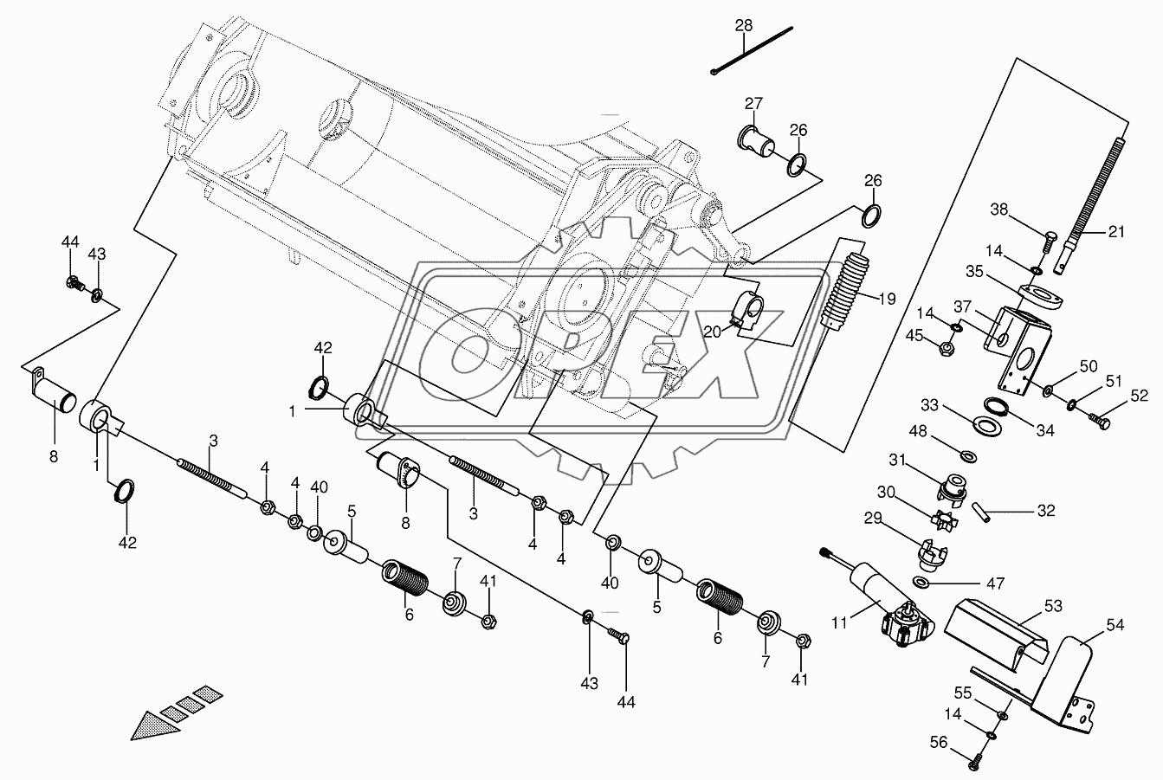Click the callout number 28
[744, 25]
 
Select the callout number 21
[1117, 232]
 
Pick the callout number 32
[1046, 511]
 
